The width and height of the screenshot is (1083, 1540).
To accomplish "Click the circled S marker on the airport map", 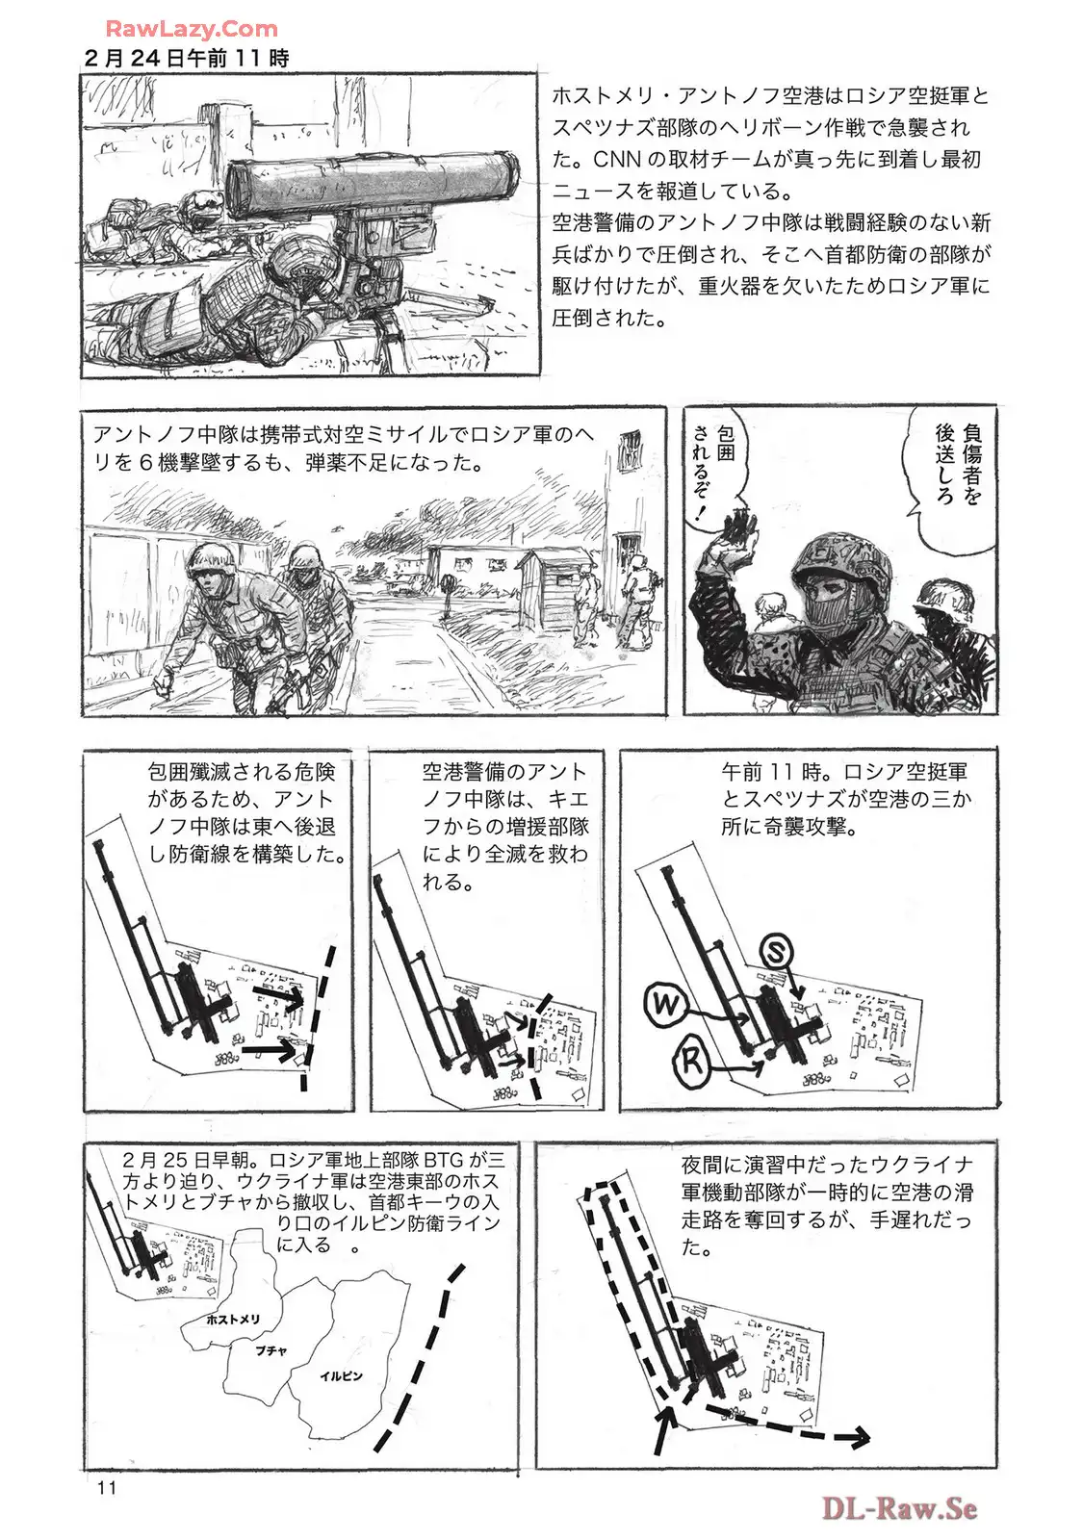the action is point(775,952).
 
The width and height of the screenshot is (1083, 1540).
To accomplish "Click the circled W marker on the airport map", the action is point(666,1005).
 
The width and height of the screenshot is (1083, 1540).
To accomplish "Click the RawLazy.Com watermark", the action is point(192,29).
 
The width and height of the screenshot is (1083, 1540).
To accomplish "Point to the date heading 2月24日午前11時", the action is point(187,59).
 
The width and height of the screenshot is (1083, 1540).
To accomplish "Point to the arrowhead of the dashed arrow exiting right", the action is point(858,1437).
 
